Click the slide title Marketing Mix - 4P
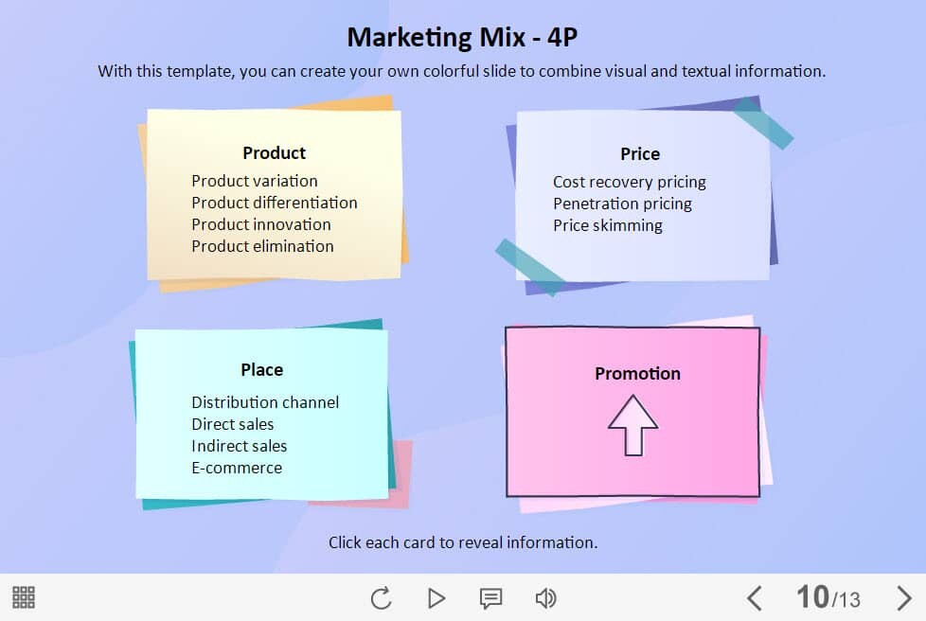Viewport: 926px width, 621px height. click(x=462, y=37)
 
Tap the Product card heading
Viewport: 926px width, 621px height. click(x=274, y=153)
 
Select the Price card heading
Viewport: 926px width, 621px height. click(x=640, y=154)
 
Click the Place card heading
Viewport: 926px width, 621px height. click(x=261, y=369)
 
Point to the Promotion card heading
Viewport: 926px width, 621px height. click(x=637, y=373)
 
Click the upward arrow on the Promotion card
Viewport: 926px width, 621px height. click(x=633, y=425)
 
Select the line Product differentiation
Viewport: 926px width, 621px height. click(x=275, y=203)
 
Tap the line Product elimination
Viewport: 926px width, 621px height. click(x=263, y=246)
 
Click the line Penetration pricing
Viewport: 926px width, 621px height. click(x=622, y=204)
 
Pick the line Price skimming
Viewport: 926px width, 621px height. click(x=608, y=225)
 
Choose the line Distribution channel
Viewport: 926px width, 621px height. click(x=265, y=402)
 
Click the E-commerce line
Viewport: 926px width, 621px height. click(x=237, y=468)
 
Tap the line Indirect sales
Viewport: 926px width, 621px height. click(x=240, y=446)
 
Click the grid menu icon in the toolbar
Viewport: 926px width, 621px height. click(x=24, y=597)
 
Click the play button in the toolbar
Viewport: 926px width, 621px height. click(x=436, y=598)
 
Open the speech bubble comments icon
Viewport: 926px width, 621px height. click(x=490, y=598)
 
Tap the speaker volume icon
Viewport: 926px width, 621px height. click(x=545, y=598)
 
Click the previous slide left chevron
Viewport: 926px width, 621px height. click(x=754, y=598)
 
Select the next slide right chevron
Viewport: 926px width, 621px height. click(x=903, y=598)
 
